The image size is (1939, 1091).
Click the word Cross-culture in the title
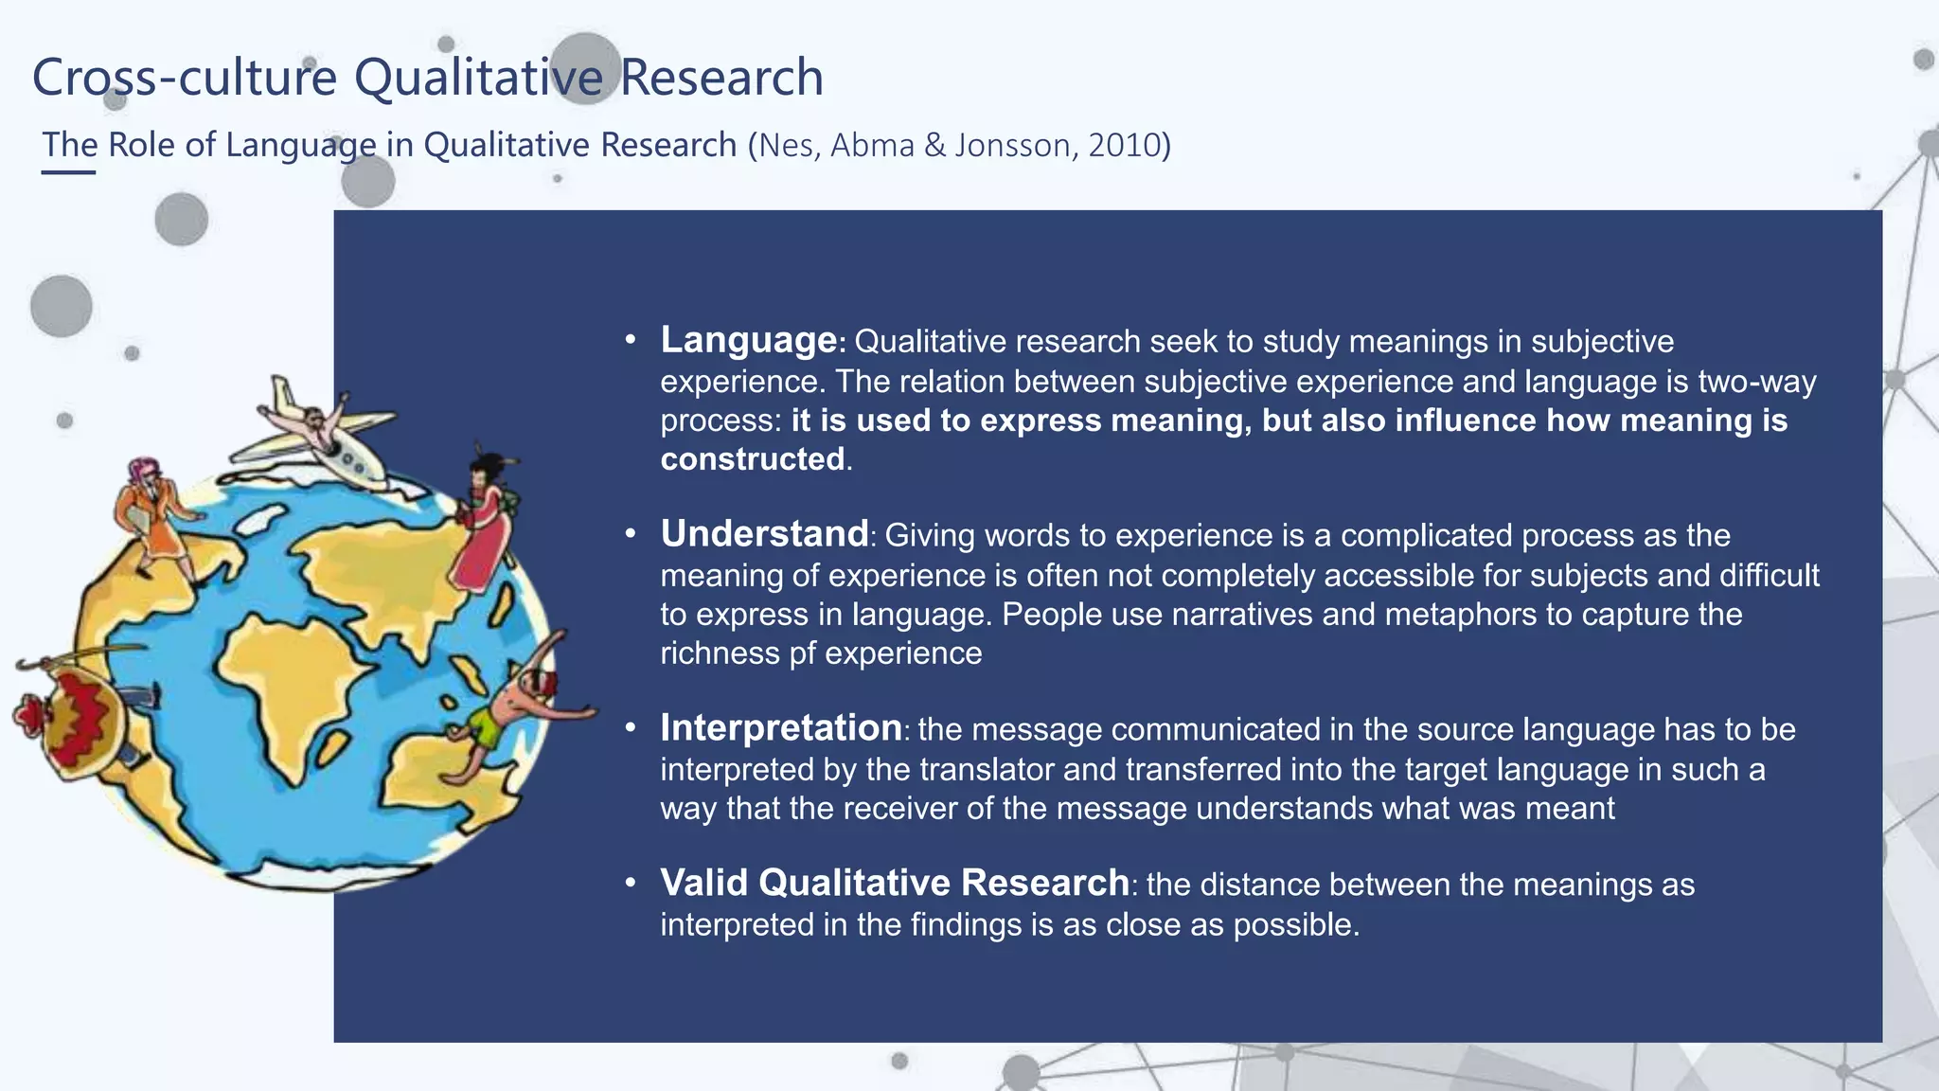[185, 78]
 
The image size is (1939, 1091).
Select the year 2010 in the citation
[1123, 146]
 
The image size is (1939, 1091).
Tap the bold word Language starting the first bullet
[748, 340]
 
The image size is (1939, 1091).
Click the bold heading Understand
[764, 534]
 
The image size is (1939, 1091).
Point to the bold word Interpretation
[781, 728]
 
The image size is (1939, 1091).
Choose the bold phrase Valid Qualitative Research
[895, 883]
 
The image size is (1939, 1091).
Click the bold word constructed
[753, 459]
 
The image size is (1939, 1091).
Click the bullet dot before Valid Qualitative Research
[631, 884]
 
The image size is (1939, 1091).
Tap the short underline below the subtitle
[68, 172]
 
